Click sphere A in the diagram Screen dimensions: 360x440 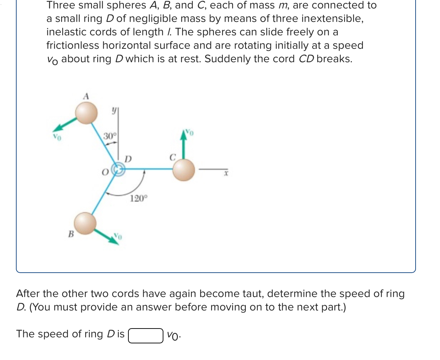(86, 113)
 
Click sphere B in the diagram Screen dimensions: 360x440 (85, 223)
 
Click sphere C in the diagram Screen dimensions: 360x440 (184, 170)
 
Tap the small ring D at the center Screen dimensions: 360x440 (118, 170)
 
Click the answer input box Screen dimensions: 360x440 (146, 335)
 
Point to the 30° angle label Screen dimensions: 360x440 (110, 136)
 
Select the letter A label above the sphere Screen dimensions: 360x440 (86, 96)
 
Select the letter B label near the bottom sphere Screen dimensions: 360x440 (71, 234)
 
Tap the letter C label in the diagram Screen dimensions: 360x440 (172, 157)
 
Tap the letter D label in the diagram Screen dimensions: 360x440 (128, 159)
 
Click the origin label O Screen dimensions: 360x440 (105, 172)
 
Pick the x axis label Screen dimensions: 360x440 (226, 173)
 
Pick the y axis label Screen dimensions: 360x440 (114, 111)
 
